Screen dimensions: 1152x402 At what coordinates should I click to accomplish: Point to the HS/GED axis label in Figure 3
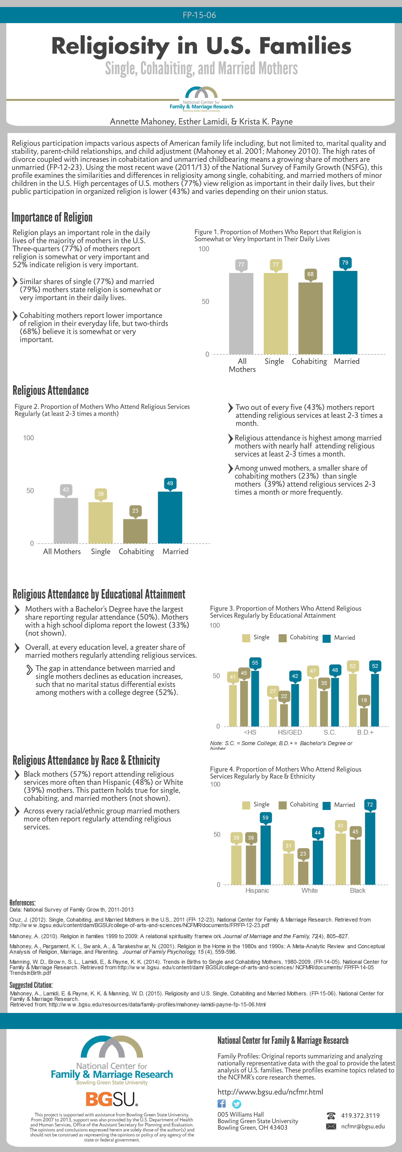[x=290, y=732]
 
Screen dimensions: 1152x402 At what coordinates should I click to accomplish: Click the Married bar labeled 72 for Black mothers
[x=370, y=848]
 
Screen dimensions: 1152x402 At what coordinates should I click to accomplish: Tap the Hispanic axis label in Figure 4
[x=257, y=890]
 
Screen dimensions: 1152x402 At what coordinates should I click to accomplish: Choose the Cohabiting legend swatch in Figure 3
[x=282, y=638]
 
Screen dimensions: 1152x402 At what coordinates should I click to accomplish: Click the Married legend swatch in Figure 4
[x=326, y=805]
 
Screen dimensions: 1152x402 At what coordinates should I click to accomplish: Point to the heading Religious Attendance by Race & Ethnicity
[x=86, y=760]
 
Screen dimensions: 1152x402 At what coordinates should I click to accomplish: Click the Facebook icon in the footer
[x=222, y=1104]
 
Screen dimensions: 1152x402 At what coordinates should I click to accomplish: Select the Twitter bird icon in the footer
[x=237, y=1104]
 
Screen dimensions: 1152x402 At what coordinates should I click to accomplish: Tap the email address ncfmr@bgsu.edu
[x=363, y=1126]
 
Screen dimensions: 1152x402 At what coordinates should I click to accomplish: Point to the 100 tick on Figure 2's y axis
[x=28, y=438]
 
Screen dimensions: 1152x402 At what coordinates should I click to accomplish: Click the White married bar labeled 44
[x=317, y=862]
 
